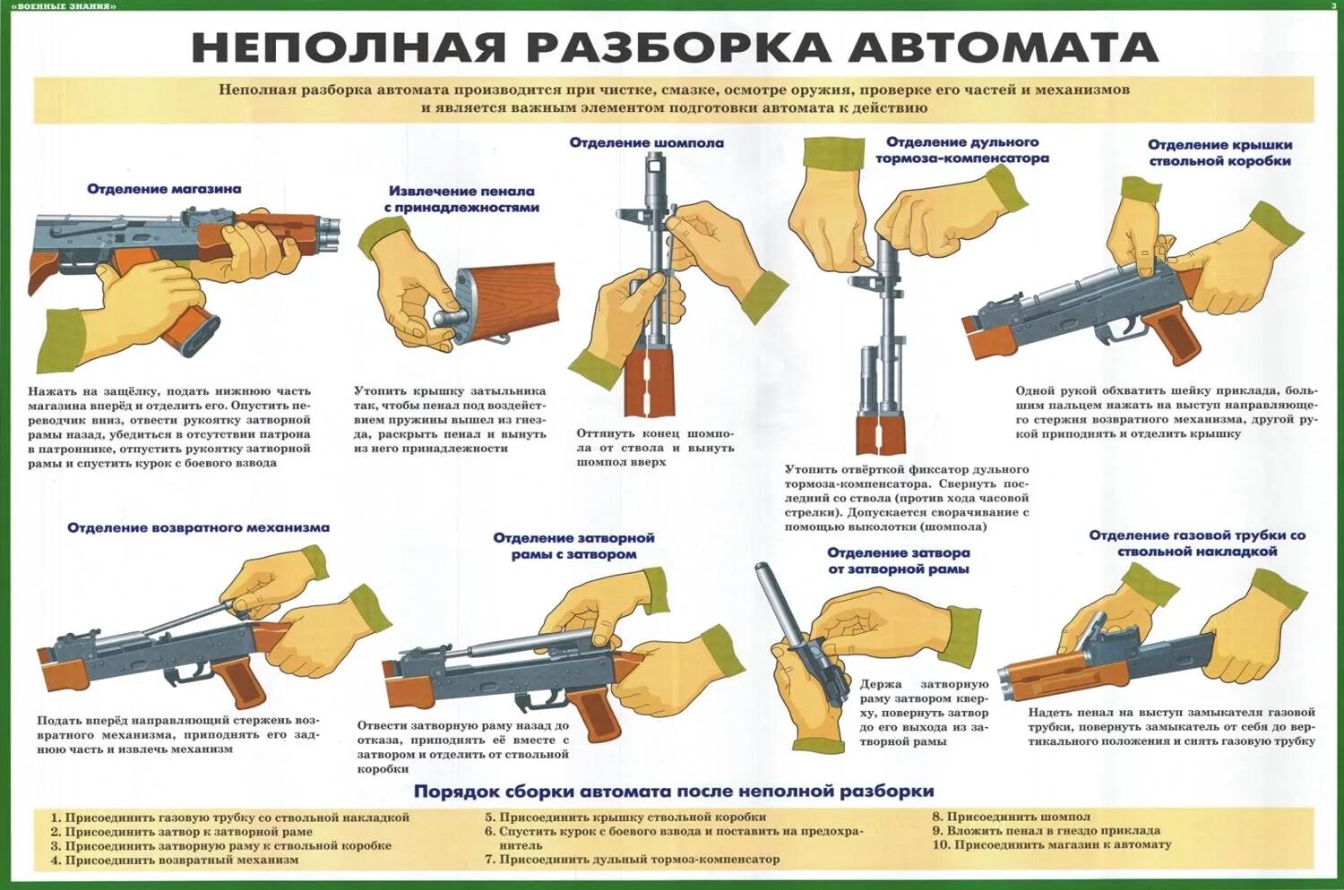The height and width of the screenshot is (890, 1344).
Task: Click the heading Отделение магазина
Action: click(x=164, y=189)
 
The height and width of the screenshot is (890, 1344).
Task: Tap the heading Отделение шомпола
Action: click(x=646, y=142)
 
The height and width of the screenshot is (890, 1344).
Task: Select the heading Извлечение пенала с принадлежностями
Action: click(x=461, y=199)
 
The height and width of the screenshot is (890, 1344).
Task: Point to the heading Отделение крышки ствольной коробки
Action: click(x=1219, y=153)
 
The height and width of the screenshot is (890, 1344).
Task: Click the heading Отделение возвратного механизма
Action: click(x=198, y=528)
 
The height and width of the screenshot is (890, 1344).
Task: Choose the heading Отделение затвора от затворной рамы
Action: click(x=898, y=561)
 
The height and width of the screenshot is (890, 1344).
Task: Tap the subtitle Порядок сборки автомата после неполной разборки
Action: click(x=673, y=791)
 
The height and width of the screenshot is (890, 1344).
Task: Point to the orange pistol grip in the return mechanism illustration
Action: click(x=236, y=680)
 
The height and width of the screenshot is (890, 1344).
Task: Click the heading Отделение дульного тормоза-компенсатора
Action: click(x=961, y=150)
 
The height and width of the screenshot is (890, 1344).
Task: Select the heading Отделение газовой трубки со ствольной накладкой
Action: click(x=1197, y=543)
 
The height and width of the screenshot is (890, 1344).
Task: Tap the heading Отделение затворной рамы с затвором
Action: click(x=573, y=545)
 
